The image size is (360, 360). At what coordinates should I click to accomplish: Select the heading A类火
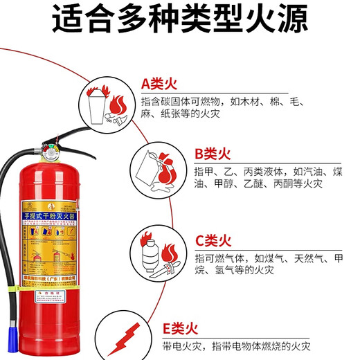coord(160,84)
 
